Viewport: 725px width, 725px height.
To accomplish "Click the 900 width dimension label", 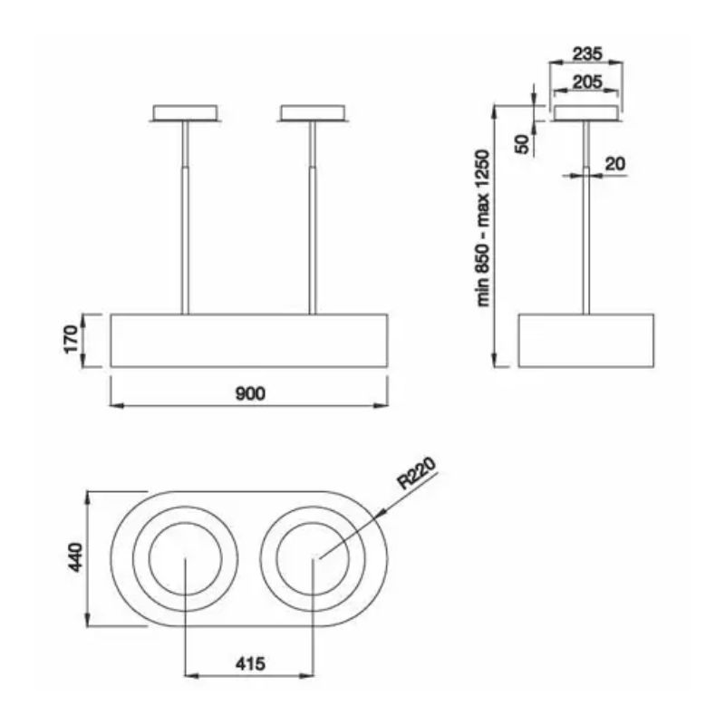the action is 250,393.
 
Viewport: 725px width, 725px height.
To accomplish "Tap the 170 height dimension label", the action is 72,339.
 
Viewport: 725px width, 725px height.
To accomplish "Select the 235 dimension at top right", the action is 587,53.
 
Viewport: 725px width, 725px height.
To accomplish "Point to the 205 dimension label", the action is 587,82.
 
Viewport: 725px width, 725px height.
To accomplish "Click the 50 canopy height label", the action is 522,144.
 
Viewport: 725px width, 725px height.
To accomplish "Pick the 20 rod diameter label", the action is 615,163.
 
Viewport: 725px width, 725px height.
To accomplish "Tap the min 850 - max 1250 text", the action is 482,227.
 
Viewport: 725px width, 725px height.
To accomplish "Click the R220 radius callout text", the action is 416,472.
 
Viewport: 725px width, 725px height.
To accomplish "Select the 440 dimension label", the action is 75,557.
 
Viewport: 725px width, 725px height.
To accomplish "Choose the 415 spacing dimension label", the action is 250,664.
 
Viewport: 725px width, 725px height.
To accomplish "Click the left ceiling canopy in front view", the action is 185,112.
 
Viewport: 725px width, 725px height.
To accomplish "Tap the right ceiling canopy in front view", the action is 313,112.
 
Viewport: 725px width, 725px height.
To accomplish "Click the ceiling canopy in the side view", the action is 586,113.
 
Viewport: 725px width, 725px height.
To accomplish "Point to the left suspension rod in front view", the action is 185,217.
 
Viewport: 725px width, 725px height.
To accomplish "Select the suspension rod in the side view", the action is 586,217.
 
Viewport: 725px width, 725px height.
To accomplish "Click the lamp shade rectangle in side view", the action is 586,341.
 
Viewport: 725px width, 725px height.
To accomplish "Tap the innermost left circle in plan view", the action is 185,559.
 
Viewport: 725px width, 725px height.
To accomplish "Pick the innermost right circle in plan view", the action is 313,559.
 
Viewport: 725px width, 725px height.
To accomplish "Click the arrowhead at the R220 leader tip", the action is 382,512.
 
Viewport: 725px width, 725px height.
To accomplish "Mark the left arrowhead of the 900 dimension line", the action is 117,406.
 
